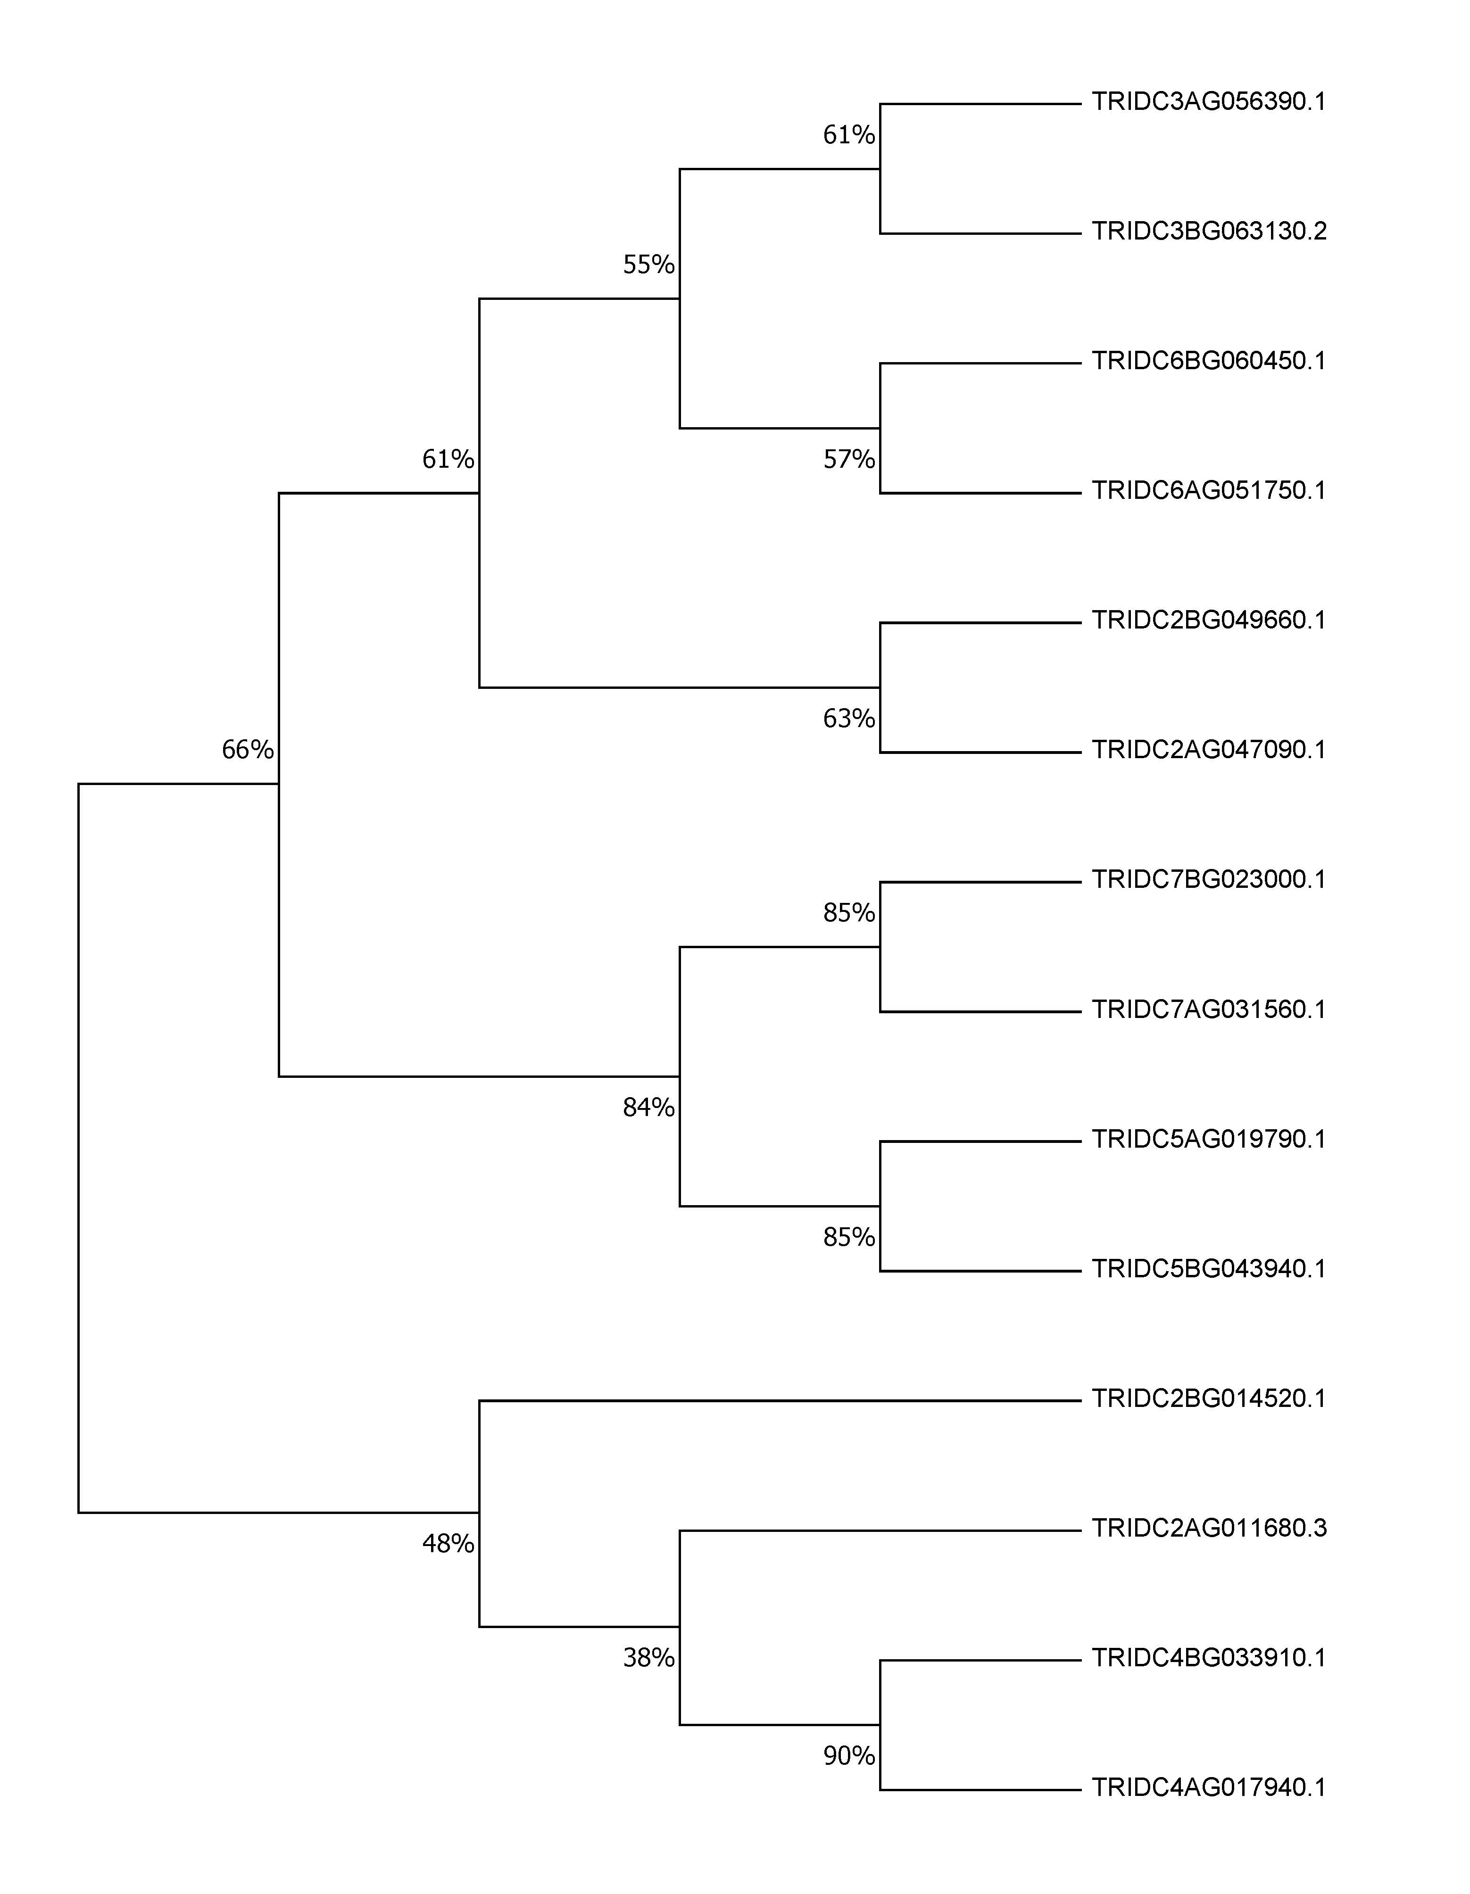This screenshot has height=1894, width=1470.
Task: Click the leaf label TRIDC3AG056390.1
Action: click(1209, 102)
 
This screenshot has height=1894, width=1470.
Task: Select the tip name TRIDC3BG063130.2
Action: click(1209, 232)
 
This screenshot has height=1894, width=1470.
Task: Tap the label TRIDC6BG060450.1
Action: click(1209, 361)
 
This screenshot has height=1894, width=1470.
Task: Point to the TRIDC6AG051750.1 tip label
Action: click(1209, 491)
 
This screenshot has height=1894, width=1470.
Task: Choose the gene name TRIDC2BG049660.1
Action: click(1209, 620)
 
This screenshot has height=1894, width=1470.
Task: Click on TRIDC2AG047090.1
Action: click(1209, 749)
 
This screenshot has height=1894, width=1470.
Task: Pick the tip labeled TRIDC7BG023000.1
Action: click(1209, 879)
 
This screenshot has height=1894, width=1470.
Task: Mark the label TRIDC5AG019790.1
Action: click(1209, 1139)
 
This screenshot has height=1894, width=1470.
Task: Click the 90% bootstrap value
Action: click(849, 1756)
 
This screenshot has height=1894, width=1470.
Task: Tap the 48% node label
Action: click(448, 1544)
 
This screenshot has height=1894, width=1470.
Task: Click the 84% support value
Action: click(649, 1108)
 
